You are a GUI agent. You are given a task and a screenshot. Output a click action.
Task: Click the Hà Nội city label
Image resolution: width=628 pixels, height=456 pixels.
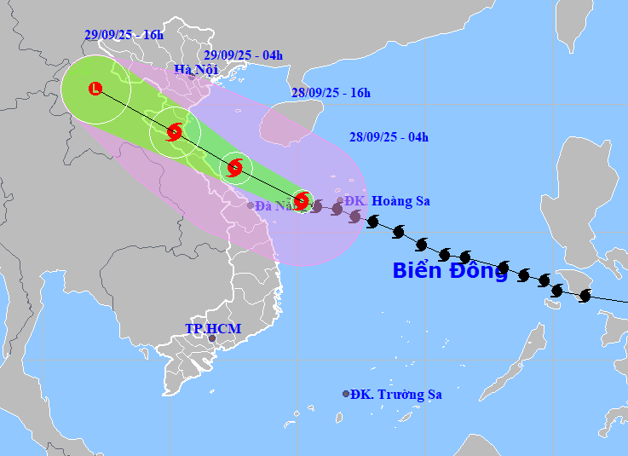[195, 70]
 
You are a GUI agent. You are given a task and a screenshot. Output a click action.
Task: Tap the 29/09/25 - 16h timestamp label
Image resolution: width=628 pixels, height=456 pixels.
[124, 35]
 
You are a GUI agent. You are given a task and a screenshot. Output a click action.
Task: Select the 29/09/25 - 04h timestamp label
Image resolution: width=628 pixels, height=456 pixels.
[243, 55]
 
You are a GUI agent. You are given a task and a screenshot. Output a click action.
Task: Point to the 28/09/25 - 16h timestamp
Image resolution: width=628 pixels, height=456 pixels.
[331, 93]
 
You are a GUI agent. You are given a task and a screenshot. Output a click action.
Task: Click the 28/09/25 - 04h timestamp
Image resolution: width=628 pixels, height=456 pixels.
[389, 136]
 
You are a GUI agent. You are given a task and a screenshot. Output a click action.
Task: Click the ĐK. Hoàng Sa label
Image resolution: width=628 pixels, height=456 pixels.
[388, 201]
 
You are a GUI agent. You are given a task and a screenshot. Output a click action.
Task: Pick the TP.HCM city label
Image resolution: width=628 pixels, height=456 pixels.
[213, 328]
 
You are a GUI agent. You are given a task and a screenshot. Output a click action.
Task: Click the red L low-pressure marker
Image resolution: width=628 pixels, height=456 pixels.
[95, 88]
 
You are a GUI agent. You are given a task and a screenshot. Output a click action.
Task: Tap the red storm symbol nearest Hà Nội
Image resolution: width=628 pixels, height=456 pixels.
[175, 132]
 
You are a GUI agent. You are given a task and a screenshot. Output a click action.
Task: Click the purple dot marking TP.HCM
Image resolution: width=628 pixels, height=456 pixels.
[212, 339]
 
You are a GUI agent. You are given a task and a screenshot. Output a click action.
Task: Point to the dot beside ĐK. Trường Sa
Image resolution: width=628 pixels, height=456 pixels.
[346, 394]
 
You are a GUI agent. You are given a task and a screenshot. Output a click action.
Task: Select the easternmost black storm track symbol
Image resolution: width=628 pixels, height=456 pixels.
[585, 296]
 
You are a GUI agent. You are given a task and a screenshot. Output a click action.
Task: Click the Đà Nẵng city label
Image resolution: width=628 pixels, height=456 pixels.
[274, 205]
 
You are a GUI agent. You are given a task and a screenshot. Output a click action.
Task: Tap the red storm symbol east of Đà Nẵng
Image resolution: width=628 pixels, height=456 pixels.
[301, 201]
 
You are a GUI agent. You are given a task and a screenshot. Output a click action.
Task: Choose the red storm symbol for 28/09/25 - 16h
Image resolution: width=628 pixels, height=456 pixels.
[236, 167]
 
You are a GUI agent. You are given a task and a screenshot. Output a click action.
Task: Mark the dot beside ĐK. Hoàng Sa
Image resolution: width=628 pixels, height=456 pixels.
[340, 201]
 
